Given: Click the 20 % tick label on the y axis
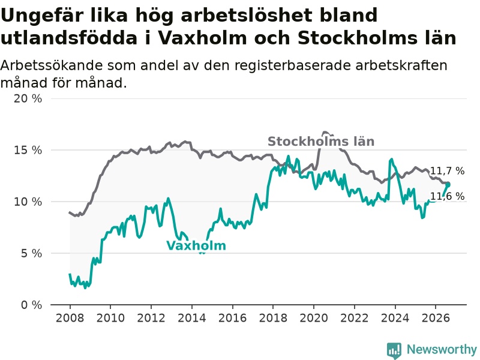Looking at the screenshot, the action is (28, 98).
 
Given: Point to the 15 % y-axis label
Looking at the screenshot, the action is (28, 150).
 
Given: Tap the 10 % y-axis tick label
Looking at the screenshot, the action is (28, 202).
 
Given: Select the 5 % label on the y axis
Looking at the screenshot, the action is (32, 253).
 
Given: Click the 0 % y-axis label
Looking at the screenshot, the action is (32, 305).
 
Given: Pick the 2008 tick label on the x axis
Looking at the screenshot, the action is (70, 318).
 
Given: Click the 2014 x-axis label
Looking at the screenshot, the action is (191, 318).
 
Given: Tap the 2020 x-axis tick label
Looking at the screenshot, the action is (314, 318).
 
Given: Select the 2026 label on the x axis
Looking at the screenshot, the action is (436, 318).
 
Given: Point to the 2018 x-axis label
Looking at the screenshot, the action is (273, 318).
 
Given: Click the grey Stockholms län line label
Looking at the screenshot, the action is (321, 142).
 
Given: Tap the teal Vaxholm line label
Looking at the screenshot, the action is (196, 245).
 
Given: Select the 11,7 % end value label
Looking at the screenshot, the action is (447, 171).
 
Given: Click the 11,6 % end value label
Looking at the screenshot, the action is (447, 196).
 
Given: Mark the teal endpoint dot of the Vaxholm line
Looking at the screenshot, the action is (448, 184).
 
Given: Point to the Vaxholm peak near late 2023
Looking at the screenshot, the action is (391, 159).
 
